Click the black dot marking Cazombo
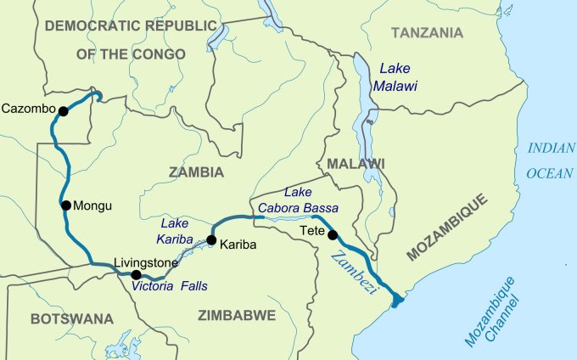(62, 110)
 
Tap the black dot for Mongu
(64, 205)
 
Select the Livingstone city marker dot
(136, 274)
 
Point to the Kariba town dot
(210, 239)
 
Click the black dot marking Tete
(333, 234)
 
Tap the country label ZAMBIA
(196, 172)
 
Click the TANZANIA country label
(427, 33)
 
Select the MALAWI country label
(356, 163)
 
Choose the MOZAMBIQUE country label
(447, 228)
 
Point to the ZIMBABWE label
(237, 315)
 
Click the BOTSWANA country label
(71, 318)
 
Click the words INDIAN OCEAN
(551, 160)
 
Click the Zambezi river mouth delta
(396, 298)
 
